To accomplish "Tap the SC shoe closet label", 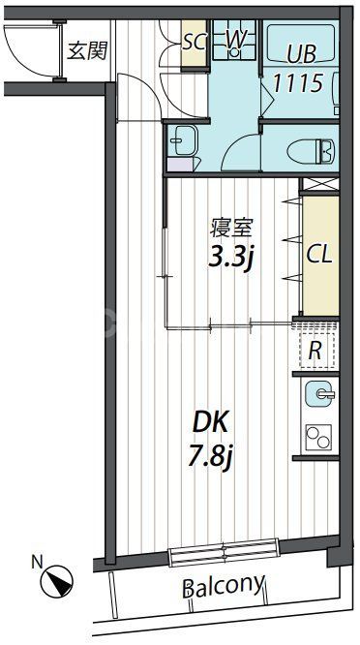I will (194, 41).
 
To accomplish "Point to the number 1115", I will (297, 83).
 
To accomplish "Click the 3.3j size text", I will (233, 258).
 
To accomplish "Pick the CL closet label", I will (319, 254).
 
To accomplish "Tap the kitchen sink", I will (319, 394).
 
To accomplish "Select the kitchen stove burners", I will (319, 438).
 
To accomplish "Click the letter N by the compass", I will (36, 559).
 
